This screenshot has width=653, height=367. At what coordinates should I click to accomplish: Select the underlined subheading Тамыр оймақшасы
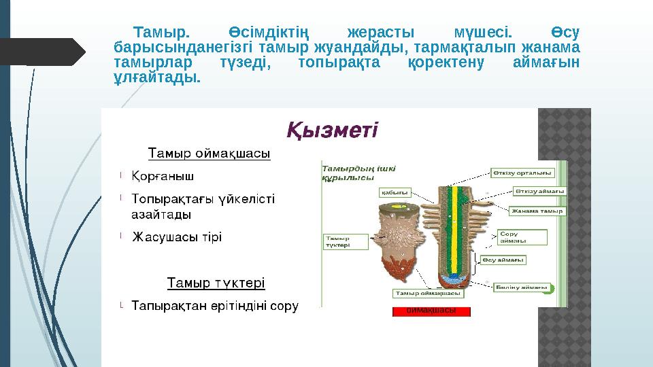point(210,153)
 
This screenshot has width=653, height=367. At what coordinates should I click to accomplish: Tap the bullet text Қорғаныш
point(162,177)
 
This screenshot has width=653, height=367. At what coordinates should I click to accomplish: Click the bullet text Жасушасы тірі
point(176,237)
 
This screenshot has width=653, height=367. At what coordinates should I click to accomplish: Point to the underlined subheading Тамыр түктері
point(216,281)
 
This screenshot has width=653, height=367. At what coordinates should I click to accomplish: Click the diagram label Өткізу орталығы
point(523,172)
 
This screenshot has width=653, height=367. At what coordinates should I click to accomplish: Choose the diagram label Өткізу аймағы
point(539,191)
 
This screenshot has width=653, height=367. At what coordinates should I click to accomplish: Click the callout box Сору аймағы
point(521,237)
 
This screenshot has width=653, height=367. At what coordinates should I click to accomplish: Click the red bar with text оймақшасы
point(431,311)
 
